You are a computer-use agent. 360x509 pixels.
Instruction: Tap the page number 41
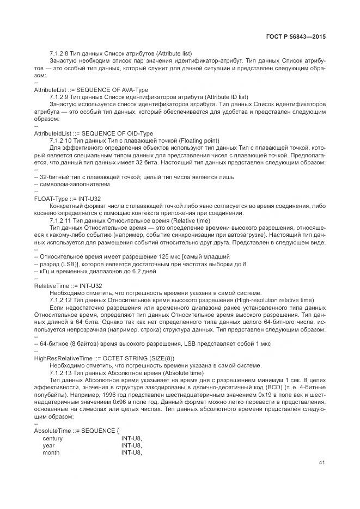click(322, 463)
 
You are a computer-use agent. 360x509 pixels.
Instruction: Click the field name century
click(53, 438)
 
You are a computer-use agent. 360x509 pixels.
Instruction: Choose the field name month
click(51, 452)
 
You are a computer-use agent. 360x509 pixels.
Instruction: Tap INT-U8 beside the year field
click(131, 445)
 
